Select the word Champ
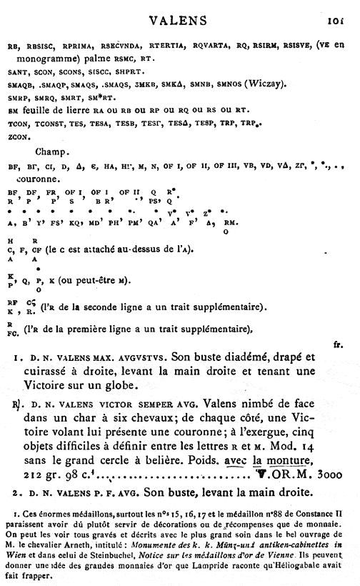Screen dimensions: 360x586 pyautogui.click(x=49, y=153)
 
